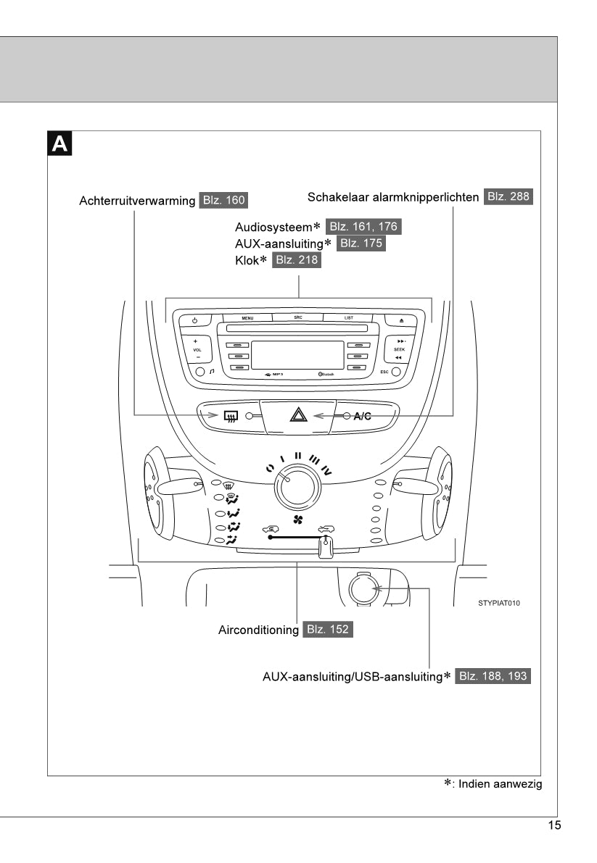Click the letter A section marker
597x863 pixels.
[59, 143]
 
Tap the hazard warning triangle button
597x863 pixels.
[299, 415]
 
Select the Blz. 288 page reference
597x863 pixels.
[509, 196]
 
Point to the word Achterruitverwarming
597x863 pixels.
[137, 201]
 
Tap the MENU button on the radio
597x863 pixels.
[247, 318]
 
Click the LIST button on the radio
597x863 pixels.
[349, 318]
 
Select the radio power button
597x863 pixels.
[195, 320]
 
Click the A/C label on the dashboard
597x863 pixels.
[363, 416]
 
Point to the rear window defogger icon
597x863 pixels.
[231, 416]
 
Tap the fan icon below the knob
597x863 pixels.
[297, 521]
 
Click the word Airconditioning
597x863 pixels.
[258, 630]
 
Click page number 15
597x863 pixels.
[553, 825]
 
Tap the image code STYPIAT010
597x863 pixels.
[499, 603]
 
